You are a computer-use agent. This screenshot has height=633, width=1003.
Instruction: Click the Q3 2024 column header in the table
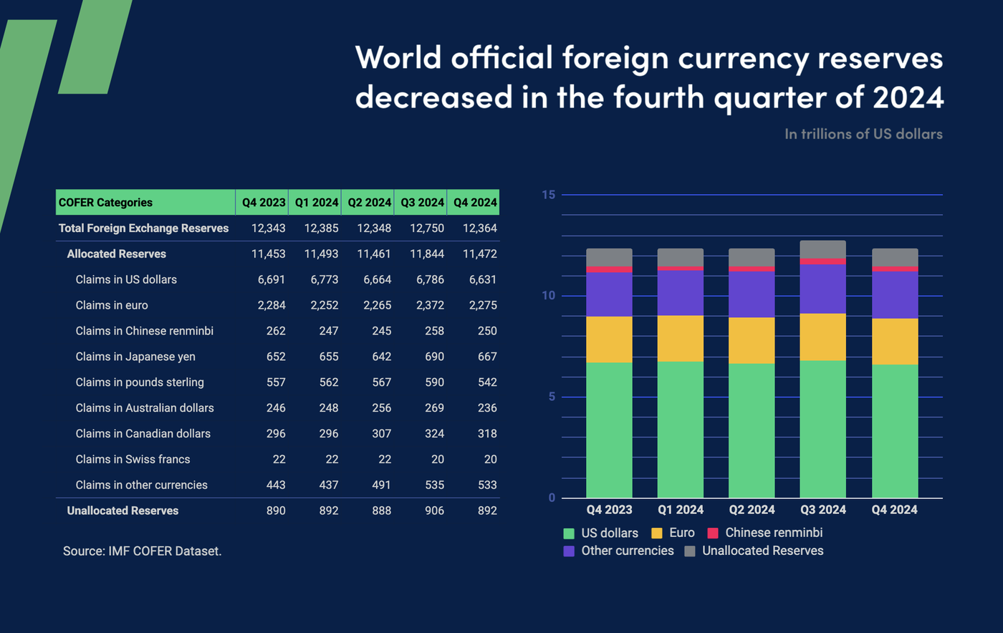pos(421,203)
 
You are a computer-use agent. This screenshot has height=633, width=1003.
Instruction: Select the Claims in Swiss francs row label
pos(133,459)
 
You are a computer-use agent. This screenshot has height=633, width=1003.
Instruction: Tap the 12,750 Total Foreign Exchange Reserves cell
pos(426,228)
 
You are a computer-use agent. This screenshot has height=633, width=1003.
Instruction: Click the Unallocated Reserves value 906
pos(433,511)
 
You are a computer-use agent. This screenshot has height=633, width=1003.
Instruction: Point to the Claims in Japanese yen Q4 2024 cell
pos(487,357)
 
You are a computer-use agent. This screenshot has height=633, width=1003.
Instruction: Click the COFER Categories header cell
pos(105,203)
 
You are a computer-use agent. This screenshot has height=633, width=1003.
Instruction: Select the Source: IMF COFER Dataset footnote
pos(142,551)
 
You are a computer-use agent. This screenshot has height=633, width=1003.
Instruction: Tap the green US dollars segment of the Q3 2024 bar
pos(822,430)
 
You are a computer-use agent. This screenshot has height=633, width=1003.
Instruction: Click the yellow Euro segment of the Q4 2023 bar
pos(609,339)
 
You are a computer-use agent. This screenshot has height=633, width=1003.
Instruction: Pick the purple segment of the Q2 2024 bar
pos(752,294)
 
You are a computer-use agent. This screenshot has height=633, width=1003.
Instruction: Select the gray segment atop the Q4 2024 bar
pos(894,258)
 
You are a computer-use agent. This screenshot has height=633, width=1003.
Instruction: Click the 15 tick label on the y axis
pos(549,195)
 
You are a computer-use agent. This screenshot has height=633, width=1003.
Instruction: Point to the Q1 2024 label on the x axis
pos(680,510)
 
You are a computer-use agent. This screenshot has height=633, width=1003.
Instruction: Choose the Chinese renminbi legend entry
pos(773,533)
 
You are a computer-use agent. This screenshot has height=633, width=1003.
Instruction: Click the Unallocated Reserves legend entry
pos(762,551)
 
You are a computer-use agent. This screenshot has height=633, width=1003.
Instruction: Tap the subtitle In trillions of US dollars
pos(863,134)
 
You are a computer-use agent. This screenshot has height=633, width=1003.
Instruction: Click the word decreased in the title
pos(433,97)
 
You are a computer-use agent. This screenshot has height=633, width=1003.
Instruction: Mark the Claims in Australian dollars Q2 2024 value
pos(380,408)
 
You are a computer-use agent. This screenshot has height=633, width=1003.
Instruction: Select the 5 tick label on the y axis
pos(552,397)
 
